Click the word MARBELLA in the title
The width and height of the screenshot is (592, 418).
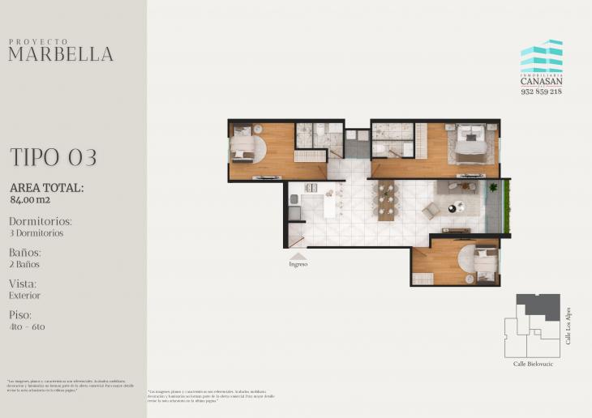[x=61, y=54]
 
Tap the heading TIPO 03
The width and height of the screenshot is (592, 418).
[x=54, y=157]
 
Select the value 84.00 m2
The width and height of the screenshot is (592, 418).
[x=30, y=199]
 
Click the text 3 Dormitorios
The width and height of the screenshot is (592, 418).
[x=36, y=233]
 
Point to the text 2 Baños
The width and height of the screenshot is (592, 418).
[x=25, y=264]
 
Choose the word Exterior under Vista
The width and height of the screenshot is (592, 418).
[x=25, y=296]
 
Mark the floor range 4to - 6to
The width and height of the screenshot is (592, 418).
[x=28, y=326]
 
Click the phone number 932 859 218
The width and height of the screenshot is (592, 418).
[x=541, y=92]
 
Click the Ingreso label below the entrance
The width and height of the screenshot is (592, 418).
[x=298, y=264]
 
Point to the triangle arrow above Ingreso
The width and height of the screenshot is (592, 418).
[x=298, y=256]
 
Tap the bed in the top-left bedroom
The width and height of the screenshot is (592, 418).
[x=243, y=148]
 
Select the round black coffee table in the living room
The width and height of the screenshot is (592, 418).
[x=452, y=208]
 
